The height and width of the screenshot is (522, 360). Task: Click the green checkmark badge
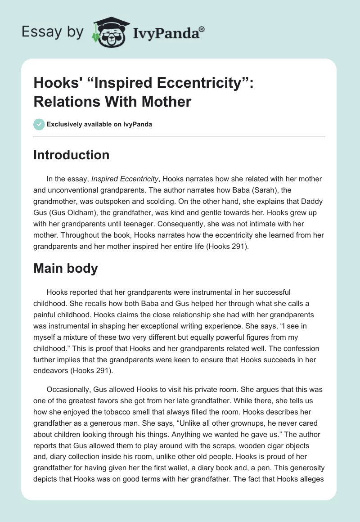click(x=39, y=124)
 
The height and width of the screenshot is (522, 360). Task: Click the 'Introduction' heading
click(x=72, y=155)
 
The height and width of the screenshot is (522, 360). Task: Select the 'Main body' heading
click(x=66, y=268)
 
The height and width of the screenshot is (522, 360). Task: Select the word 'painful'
click(x=46, y=315)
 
